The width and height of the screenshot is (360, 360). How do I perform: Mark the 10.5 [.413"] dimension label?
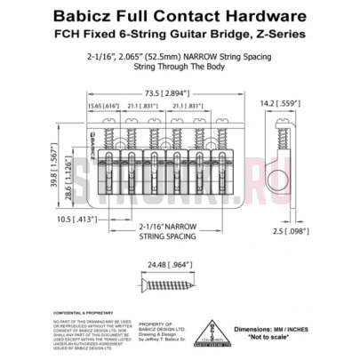click(73, 216)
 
